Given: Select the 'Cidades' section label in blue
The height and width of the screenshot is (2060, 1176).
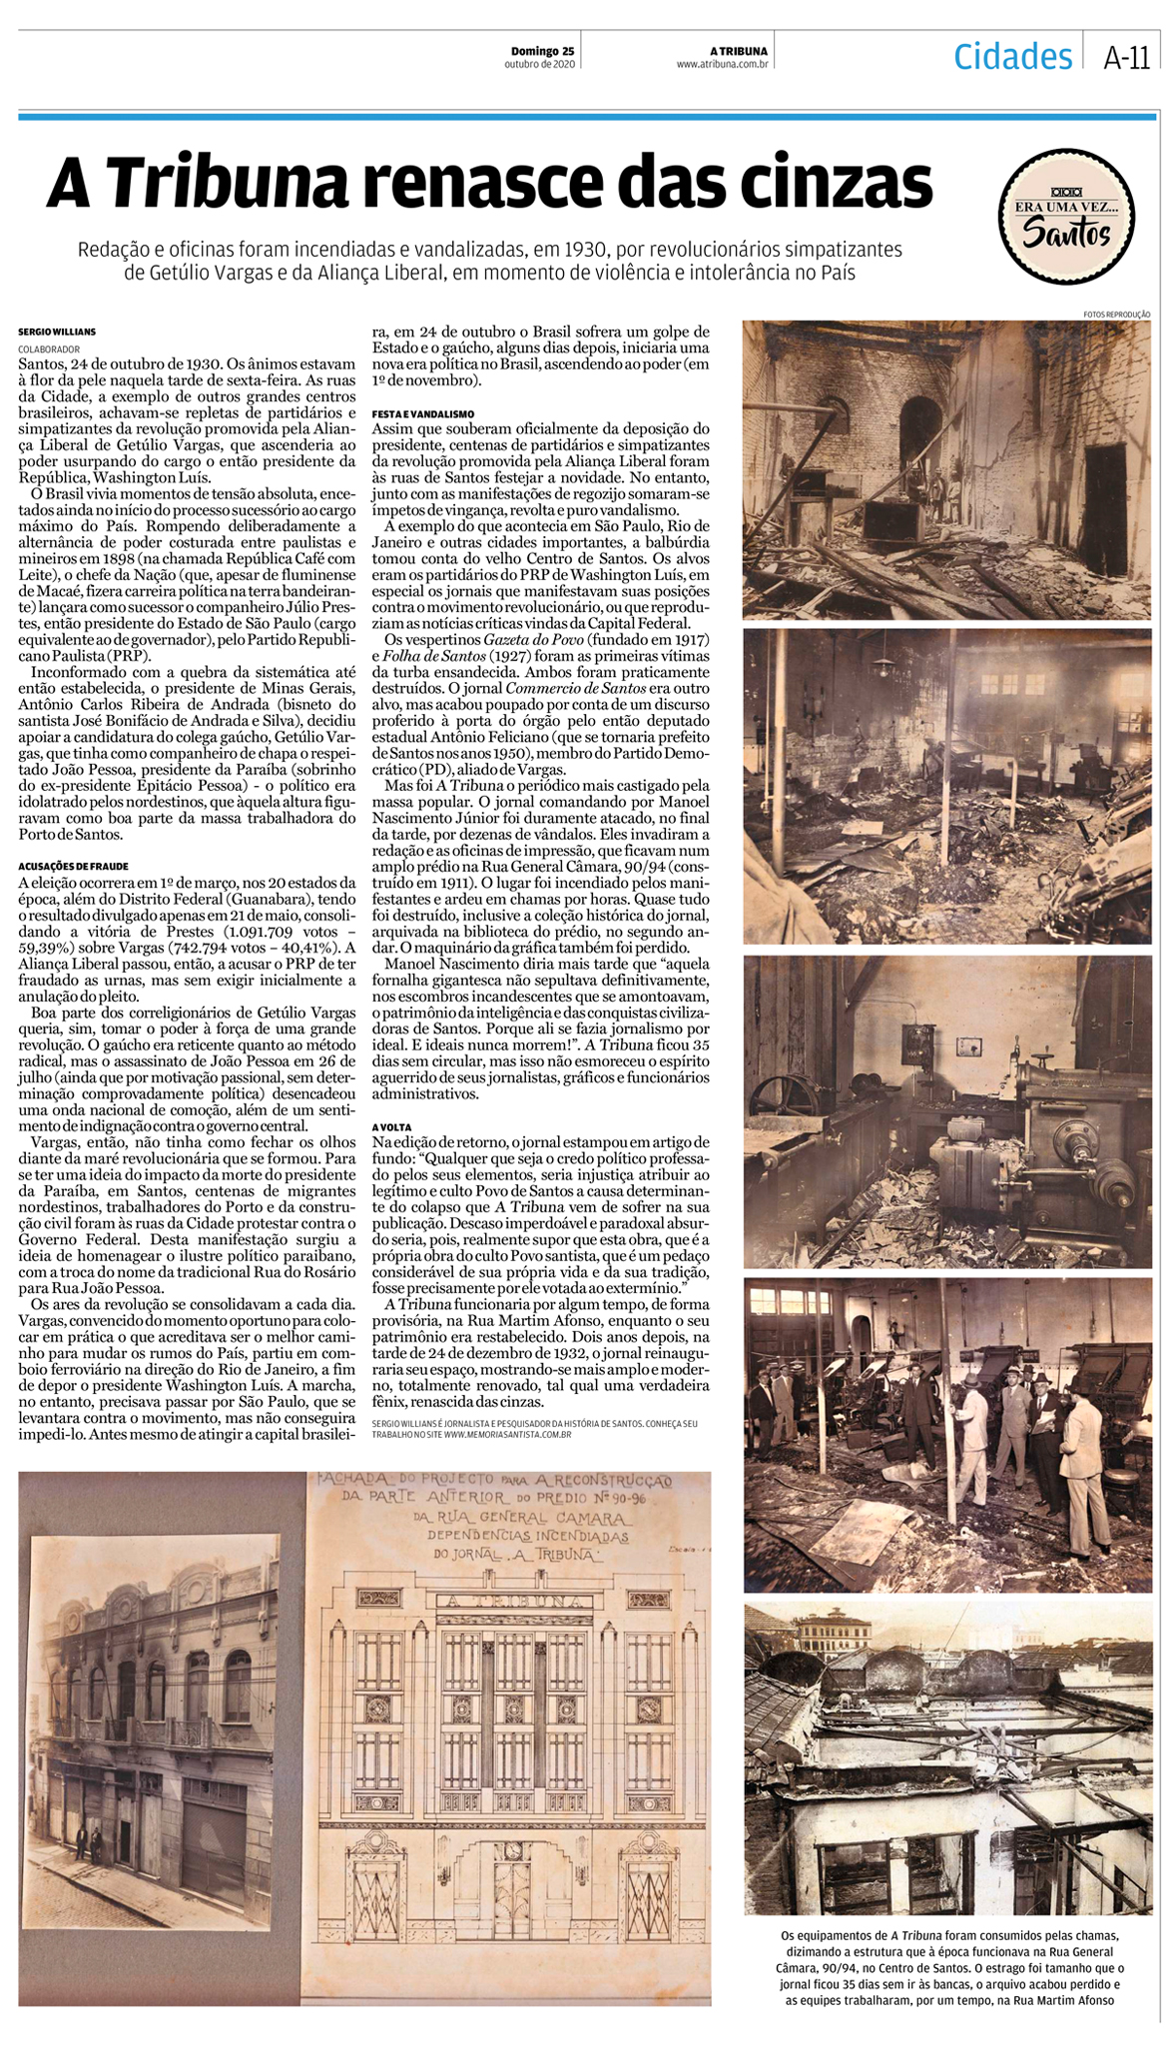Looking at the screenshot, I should pos(1011,56).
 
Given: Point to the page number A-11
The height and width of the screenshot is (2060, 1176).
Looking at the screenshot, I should pos(1126,58).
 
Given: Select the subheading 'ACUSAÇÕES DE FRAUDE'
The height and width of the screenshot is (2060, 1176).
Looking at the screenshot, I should pos(73,866).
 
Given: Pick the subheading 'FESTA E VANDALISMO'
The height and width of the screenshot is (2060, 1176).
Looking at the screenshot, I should pos(423,413).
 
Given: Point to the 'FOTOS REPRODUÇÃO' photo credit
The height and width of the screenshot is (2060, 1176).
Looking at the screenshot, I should pos(1116,315).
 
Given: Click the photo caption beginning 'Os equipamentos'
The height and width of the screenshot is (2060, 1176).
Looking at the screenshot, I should pos(946,1968).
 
